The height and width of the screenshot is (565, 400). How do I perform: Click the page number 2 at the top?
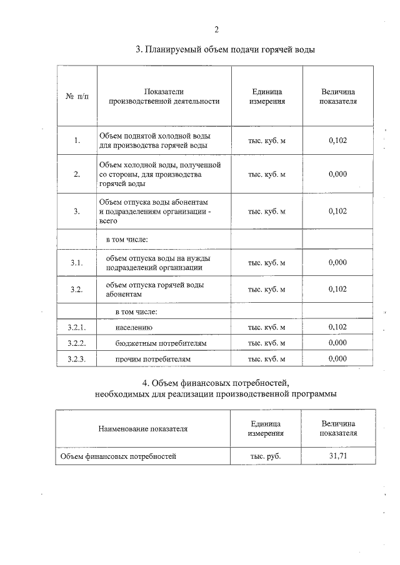click(x=216, y=29)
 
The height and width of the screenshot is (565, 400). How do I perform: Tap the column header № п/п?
click(x=76, y=96)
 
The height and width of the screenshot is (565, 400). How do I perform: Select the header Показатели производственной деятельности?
click(x=164, y=96)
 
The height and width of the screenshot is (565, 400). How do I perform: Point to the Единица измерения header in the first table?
click(x=267, y=96)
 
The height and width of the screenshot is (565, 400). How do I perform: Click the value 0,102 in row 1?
click(x=337, y=140)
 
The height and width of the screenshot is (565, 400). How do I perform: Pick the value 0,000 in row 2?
click(x=337, y=174)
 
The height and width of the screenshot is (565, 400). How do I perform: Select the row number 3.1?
click(x=76, y=263)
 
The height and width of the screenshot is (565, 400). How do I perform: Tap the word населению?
click(x=134, y=327)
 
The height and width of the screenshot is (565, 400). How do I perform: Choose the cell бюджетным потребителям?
click(x=161, y=343)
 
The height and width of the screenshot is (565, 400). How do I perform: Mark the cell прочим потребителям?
click(x=152, y=360)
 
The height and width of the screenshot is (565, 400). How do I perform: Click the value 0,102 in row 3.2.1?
click(x=337, y=327)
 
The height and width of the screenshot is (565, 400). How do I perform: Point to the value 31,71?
click(x=338, y=456)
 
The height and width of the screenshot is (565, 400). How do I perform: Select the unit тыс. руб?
click(x=266, y=456)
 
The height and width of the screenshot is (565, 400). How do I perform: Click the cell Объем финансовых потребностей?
click(x=118, y=456)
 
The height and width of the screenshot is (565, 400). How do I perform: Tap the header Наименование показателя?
click(x=142, y=429)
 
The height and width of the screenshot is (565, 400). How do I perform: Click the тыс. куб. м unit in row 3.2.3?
click(x=267, y=360)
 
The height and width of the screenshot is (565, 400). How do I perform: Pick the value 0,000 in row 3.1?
click(x=337, y=263)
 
